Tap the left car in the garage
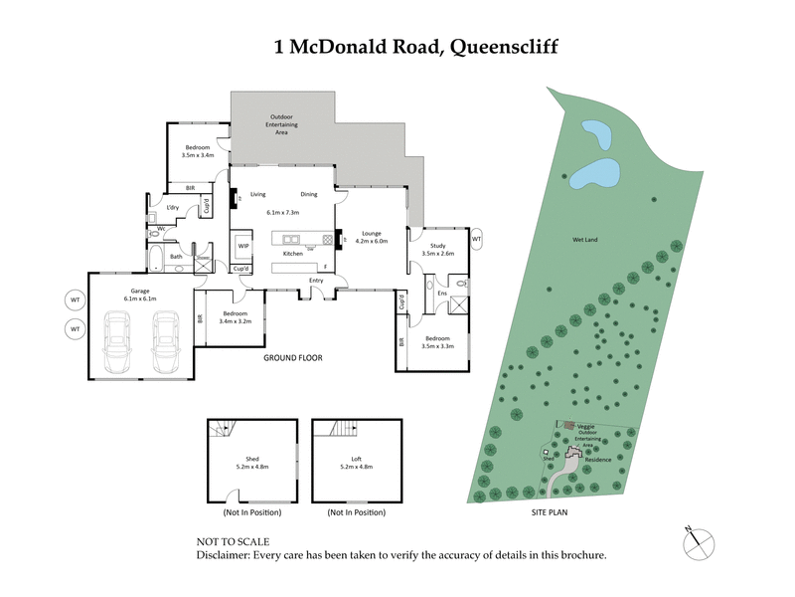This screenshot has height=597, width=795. (x=118, y=341)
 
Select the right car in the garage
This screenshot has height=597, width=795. (x=164, y=341)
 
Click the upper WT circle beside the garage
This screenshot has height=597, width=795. (x=74, y=298)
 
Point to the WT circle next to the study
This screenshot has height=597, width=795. (x=476, y=240)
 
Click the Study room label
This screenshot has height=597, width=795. (x=437, y=249)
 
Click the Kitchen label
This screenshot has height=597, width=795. (x=292, y=254)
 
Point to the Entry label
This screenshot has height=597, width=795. (x=316, y=280)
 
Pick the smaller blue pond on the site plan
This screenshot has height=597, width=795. (x=594, y=131)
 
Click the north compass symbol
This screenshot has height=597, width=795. (x=698, y=543)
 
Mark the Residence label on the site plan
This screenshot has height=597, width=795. (x=597, y=460)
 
